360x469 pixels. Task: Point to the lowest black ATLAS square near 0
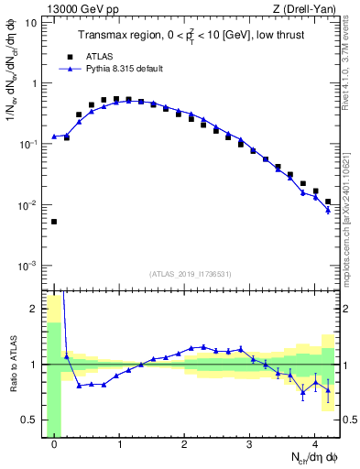(x=54, y=222)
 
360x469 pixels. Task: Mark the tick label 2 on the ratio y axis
(x=37, y=309)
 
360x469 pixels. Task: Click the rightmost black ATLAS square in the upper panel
(x=328, y=202)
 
